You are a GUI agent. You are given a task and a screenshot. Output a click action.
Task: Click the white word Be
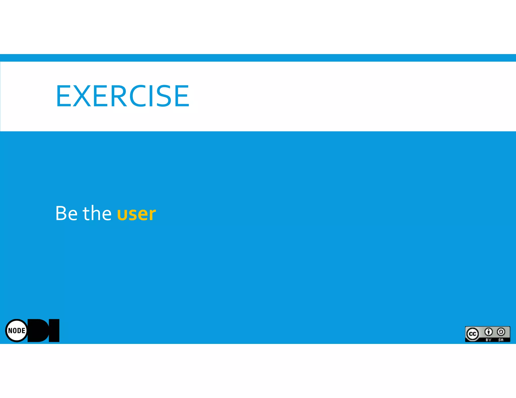[67, 213]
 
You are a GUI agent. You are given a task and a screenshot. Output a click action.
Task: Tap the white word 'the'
[97, 213]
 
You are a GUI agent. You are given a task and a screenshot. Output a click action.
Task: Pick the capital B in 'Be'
[61, 213]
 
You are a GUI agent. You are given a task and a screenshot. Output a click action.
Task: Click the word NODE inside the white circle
[17, 331]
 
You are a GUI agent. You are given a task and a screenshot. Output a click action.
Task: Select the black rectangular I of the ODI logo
[54, 331]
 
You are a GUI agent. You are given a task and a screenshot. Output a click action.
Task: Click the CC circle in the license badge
[472, 334]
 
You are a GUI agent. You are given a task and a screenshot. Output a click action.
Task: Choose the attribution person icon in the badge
[489, 332]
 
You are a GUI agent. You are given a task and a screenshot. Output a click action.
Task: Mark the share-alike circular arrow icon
[501, 332]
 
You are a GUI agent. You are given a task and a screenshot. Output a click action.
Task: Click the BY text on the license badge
[489, 340]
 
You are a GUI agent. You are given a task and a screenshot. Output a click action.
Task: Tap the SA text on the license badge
[501, 340]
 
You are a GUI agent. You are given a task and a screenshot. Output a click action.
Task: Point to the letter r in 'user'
[152, 215]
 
